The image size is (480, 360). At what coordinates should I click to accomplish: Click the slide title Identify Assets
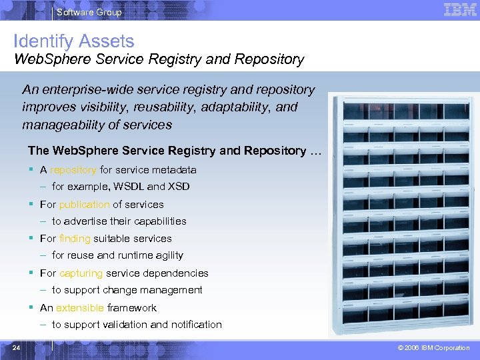tap(74, 41)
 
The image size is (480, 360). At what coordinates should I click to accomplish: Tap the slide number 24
tap(16, 347)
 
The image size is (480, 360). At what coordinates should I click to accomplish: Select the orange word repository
tap(73, 170)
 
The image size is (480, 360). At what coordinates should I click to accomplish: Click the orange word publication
tap(84, 205)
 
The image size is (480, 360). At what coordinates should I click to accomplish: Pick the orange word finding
tap(75, 239)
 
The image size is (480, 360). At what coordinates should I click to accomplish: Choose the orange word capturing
tap(81, 273)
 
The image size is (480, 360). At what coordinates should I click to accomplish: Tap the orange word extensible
tap(80, 308)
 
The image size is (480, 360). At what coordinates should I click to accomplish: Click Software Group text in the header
tap(89, 12)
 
